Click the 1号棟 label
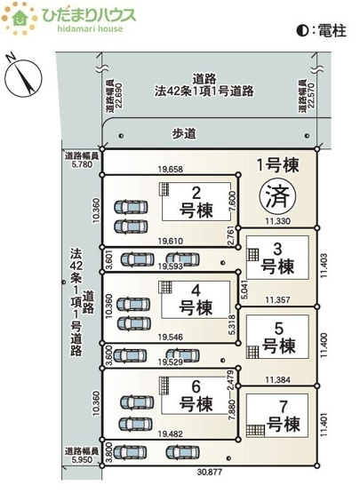click(x=277, y=164)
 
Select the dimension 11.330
click(x=278, y=220)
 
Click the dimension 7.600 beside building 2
click(x=231, y=199)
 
